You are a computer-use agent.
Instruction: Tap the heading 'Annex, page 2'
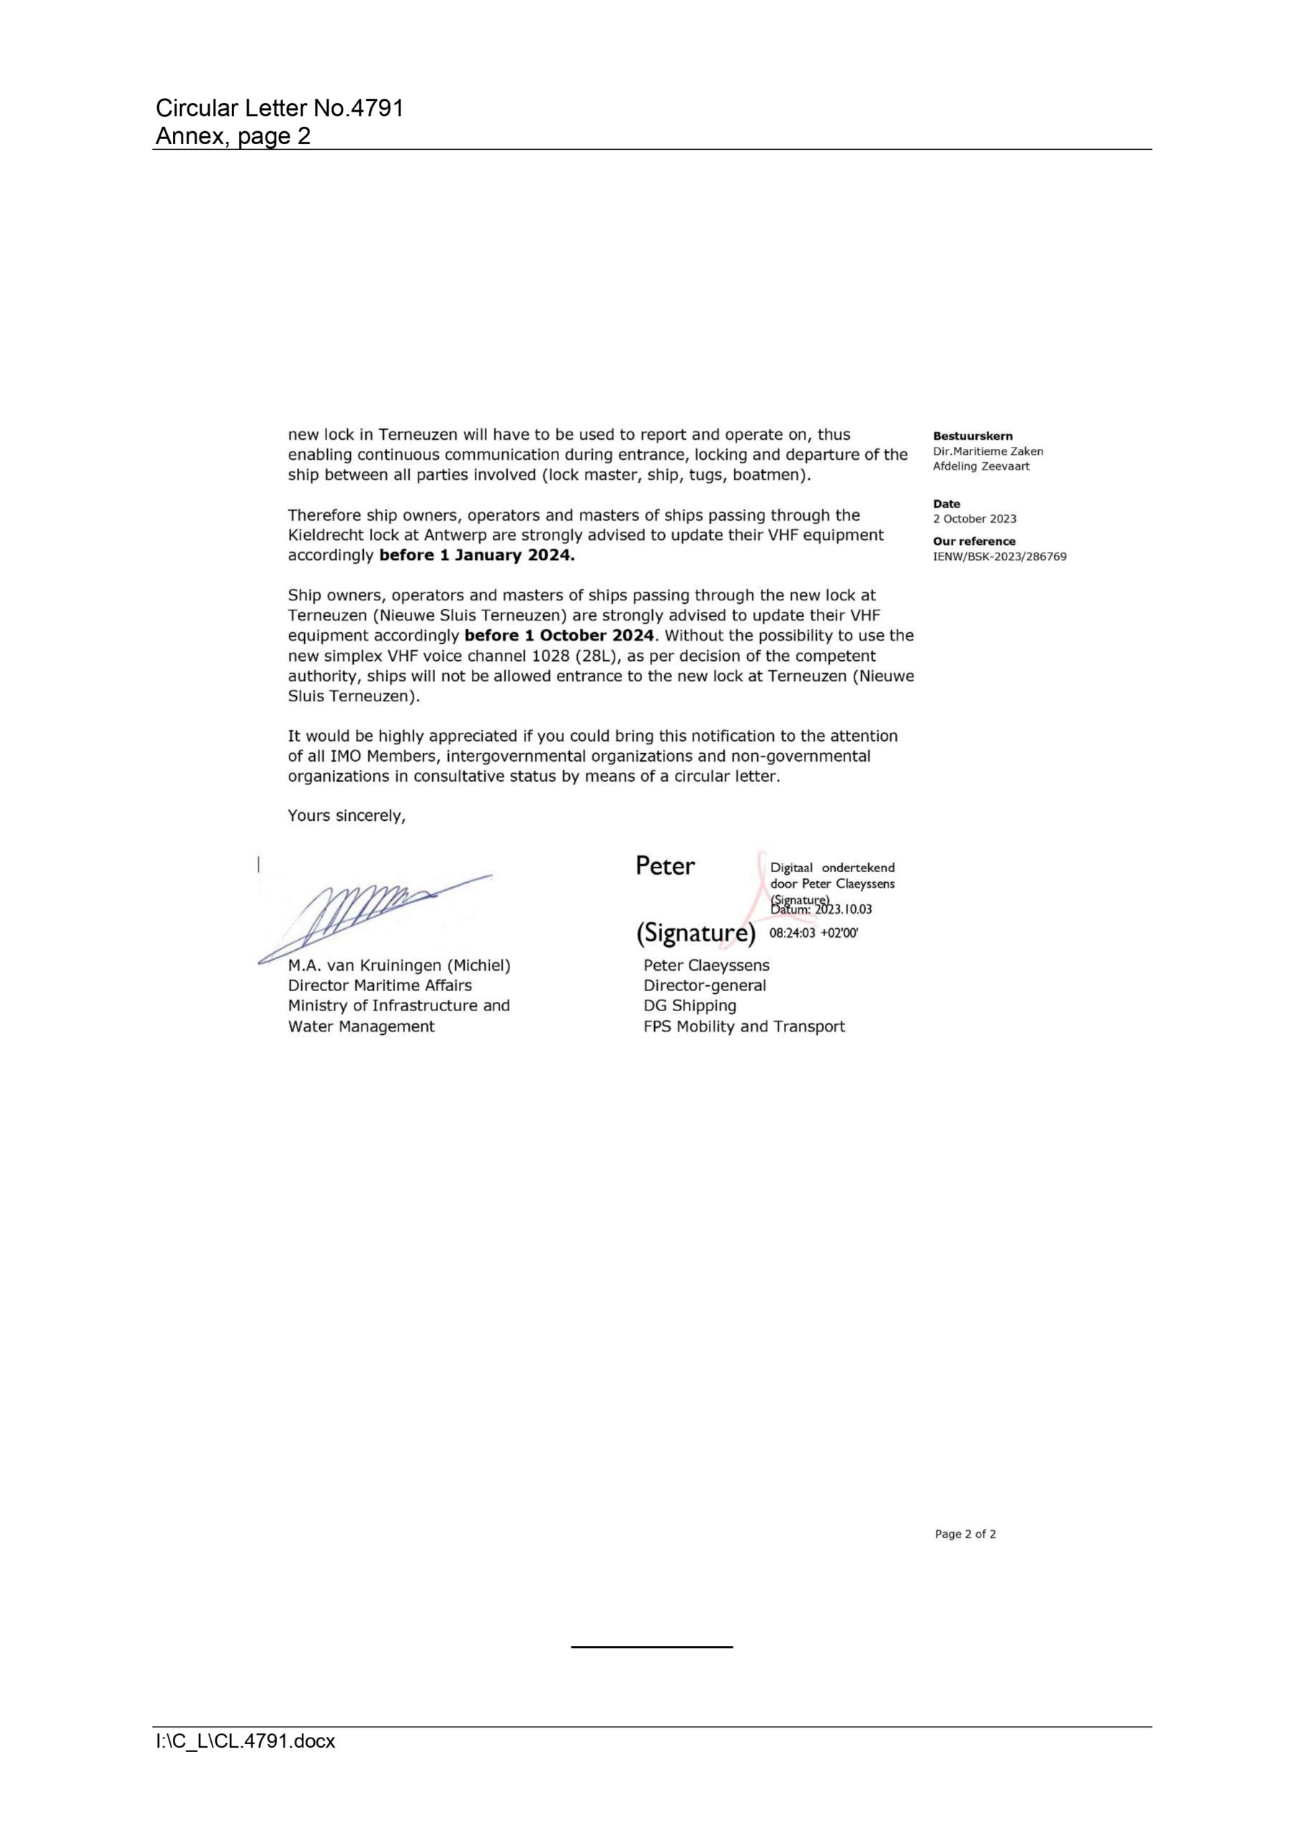tap(233, 135)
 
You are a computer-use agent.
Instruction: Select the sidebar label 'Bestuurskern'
tap(972, 435)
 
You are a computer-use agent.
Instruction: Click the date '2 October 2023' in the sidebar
tap(974, 518)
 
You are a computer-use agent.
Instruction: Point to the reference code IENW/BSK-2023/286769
tap(999, 556)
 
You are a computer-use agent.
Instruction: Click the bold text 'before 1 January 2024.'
tap(476, 554)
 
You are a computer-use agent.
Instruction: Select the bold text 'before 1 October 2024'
tap(558, 635)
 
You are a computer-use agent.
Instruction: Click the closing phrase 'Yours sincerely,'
tap(347, 816)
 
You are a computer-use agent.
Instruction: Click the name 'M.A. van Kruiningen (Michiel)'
tap(398, 965)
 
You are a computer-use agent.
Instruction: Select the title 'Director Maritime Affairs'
tap(380, 985)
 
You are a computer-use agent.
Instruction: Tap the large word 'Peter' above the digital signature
tap(664, 866)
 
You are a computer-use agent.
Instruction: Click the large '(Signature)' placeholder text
tap(696, 933)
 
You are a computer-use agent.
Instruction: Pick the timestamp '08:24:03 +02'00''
tap(813, 933)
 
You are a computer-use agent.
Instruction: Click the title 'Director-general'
tap(704, 985)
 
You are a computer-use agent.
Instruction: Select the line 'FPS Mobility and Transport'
tap(743, 1026)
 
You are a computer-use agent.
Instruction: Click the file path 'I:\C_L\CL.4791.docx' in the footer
tap(245, 1741)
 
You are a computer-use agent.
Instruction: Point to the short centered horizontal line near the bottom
tap(651, 1647)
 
